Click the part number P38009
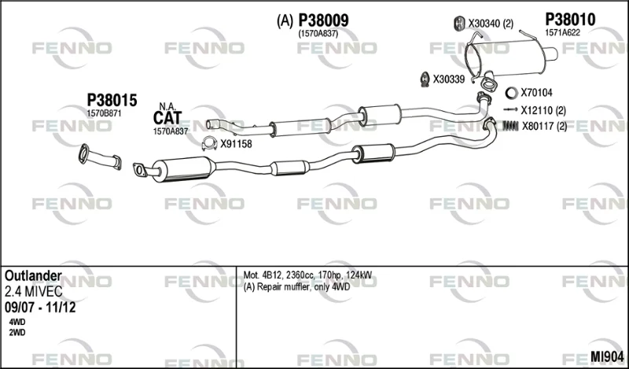point(323,20)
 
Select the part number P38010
point(570,19)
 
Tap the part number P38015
point(112,101)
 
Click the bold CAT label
point(167,118)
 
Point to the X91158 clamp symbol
point(209,143)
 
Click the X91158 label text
point(236,144)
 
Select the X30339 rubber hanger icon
point(425,79)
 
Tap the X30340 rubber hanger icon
point(459,24)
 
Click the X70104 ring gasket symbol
point(511,93)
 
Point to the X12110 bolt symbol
point(510,109)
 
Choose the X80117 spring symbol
point(510,126)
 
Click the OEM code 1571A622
point(562,33)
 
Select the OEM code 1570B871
point(104,113)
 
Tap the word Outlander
point(33,276)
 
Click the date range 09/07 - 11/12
point(40,308)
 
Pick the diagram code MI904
point(607,356)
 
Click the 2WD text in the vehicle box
point(17,333)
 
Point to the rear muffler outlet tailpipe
point(550,54)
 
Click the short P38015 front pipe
point(101,157)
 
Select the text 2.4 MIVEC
point(34,291)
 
